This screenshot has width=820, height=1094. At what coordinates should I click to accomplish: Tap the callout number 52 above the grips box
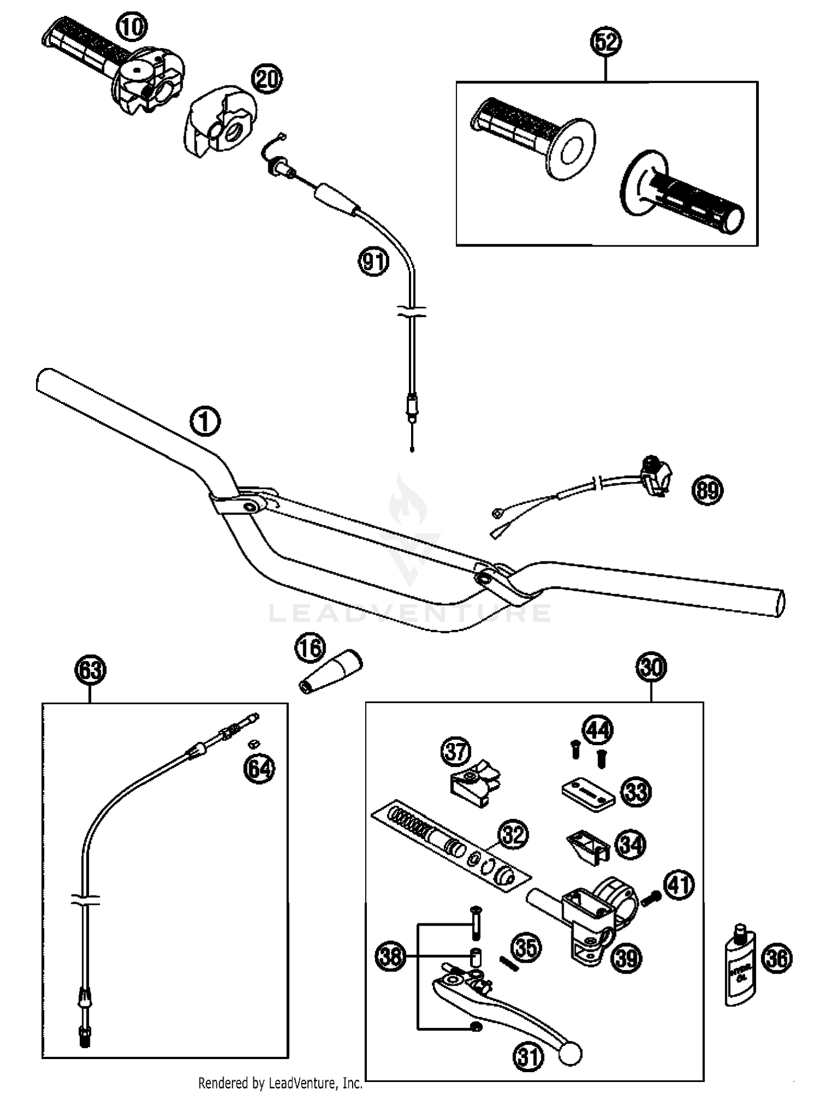click(x=606, y=42)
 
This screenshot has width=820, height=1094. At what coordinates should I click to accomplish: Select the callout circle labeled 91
click(x=373, y=261)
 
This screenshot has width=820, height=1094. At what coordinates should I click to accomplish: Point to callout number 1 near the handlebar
click(x=205, y=422)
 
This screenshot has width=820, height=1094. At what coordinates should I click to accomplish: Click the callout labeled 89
click(x=707, y=490)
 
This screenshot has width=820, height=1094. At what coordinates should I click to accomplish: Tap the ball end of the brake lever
click(x=570, y=1054)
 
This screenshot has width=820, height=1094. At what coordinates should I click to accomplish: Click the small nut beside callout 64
click(x=253, y=744)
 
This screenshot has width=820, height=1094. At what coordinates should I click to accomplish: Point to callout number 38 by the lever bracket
click(x=390, y=957)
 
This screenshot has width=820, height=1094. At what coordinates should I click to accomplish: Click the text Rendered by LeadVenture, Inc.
click(x=280, y=1083)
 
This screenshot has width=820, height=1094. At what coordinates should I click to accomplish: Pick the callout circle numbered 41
click(x=679, y=884)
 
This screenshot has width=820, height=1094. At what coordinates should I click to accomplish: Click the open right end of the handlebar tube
click(x=780, y=603)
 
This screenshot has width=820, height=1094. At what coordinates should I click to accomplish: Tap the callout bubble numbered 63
click(x=90, y=670)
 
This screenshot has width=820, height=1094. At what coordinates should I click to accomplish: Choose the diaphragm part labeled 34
click(x=588, y=847)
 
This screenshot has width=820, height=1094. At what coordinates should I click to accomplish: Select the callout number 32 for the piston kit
click(x=513, y=835)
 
